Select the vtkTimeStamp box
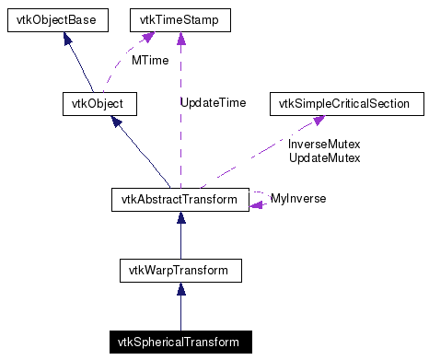pos(179,18)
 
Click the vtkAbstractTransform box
pos(180,199)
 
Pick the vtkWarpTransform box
pos(180,270)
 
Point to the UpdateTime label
pos(213,103)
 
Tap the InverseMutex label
pos(324,145)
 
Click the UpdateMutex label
pos(324,158)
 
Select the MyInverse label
pos(297,199)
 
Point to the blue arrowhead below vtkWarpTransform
pos(180,289)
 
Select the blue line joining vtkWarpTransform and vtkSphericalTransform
pos(180,315)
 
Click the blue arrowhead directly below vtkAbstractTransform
pos(180,218)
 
